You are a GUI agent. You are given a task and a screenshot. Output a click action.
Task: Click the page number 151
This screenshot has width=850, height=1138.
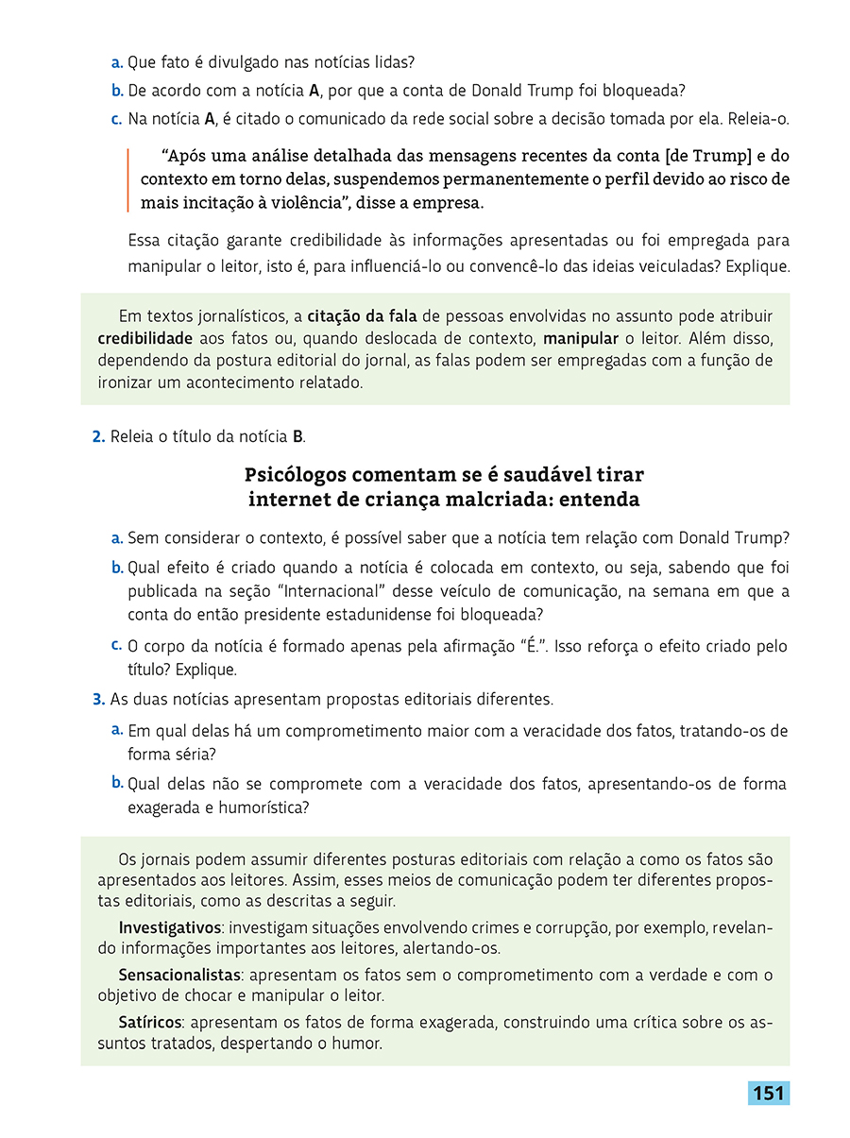pos(769,1093)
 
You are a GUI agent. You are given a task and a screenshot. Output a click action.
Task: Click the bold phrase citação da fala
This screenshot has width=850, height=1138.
pos(361,315)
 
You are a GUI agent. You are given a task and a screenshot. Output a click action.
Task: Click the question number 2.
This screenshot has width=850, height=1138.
pos(98,436)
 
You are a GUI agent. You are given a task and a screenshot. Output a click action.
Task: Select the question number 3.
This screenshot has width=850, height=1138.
pos(98,700)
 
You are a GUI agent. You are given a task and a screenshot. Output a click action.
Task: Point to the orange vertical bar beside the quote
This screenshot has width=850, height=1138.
pos(128,179)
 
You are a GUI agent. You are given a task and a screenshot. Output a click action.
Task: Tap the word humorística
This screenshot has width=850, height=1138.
pos(264,807)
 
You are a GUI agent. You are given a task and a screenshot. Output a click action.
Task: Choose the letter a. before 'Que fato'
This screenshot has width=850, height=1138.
pos(117,63)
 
